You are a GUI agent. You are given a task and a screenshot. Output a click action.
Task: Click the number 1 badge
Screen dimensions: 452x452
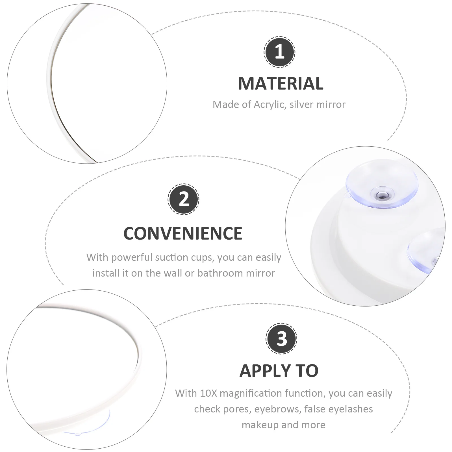[x=279, y=52]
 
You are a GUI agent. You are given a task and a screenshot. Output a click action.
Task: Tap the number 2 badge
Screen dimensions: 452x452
[x=184, y=199]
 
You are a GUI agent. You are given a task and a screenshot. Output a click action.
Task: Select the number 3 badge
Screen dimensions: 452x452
[x=281, y=338]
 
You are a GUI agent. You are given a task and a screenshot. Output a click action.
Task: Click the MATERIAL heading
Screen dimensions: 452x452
[x=281, y=84]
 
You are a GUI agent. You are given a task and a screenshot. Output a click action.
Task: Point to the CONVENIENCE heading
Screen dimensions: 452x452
[x=183, y=233]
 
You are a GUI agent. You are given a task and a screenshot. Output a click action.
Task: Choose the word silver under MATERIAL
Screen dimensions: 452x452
[x=302, y=105]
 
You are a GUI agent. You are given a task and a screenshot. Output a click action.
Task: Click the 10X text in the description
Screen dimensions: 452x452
[x=208, y=393]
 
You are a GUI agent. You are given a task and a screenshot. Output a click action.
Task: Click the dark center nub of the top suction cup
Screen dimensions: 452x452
[x=383, y=194]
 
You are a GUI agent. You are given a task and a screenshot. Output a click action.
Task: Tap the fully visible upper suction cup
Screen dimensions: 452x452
[x=381, y=186]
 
